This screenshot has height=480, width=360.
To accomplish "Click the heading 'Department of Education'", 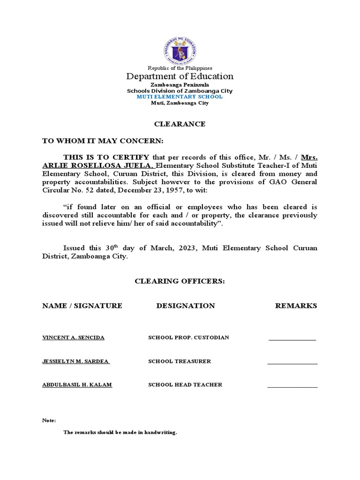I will click(180, 76).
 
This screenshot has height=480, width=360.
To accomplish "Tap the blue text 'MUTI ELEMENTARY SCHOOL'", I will click(180, 97).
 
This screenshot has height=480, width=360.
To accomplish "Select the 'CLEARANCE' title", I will click(180, 124).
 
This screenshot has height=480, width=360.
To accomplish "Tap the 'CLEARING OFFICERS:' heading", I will click(180, 281).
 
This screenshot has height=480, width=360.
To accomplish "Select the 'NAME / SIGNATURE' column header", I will click(82, 306).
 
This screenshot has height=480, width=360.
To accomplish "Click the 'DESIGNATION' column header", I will click(186, 306).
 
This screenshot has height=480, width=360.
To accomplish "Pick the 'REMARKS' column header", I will click(296, 306).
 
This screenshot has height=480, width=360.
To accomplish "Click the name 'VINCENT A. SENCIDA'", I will click(74, 337).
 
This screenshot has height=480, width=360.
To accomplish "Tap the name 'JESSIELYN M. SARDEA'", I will click(75, 361).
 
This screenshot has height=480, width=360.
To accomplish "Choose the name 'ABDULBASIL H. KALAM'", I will click(77, 385).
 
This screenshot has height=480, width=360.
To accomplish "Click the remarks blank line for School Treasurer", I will click(292, 363).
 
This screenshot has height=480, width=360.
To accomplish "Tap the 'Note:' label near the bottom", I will click(49, 420).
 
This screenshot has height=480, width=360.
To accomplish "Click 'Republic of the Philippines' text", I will click(180, 68).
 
